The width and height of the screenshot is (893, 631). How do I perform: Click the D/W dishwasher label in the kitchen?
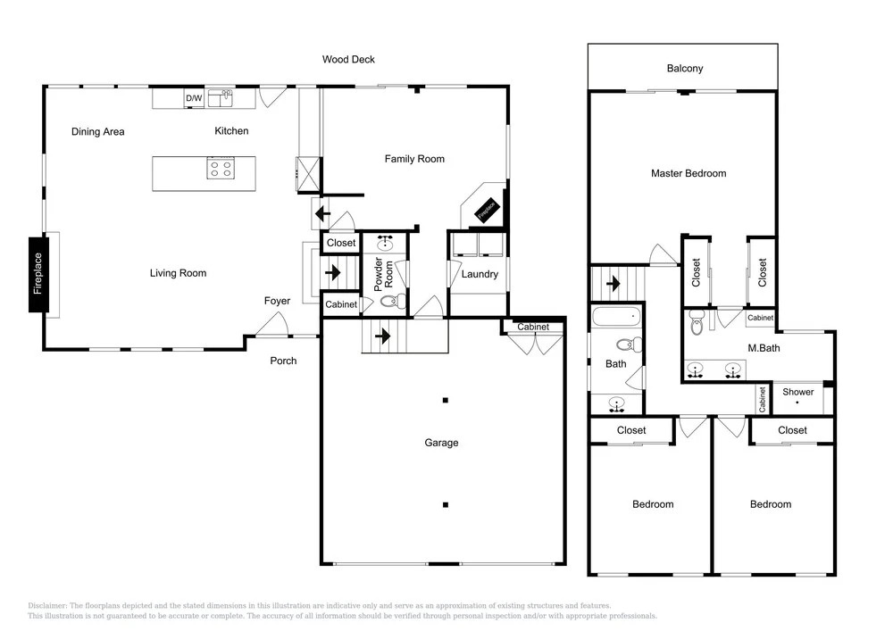[194, 98]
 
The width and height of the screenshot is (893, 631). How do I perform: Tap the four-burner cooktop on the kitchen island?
[221, 169]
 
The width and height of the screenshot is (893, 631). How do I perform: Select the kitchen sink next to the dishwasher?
[220, 98]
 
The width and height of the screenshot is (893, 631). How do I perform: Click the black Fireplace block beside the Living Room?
[38, 274]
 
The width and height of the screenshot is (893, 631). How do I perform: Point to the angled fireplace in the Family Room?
[488, 210]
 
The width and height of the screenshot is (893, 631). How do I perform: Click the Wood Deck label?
[348, 59]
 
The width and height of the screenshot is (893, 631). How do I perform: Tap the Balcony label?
[685, 69]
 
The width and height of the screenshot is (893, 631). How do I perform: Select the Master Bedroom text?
[689, 173]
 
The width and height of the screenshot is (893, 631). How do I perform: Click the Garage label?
[441, 443]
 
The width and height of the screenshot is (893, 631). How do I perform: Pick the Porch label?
[283, 361]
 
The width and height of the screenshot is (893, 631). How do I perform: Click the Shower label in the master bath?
[797, 392]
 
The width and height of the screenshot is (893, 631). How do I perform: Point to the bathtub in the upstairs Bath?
[616, 316]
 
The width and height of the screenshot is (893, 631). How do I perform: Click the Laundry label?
[480, 274]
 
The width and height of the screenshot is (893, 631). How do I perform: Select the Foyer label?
[278, 301]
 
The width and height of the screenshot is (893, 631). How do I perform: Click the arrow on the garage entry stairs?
[383, 336]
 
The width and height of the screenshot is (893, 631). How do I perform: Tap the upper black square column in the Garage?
[446, 401]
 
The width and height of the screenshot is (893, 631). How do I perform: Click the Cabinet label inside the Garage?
[533, 328]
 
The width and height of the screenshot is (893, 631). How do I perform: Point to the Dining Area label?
[98, 132]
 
